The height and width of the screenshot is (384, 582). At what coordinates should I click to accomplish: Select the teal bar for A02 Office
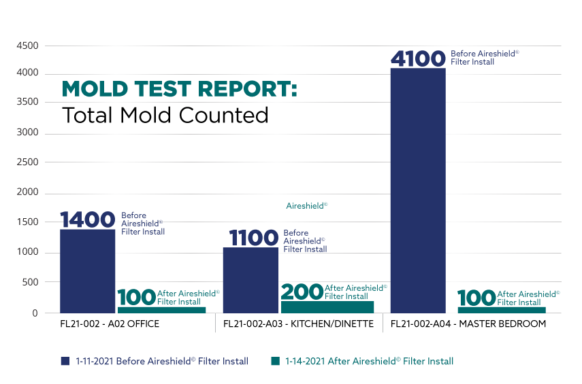[161, 310]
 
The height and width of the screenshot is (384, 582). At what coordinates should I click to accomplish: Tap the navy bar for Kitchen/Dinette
[250, 279]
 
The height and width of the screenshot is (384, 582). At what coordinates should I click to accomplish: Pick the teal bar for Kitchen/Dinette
[327, 307]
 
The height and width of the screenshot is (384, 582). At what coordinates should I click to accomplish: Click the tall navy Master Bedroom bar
[418, 190]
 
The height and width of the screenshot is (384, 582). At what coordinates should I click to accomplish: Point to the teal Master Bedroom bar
[502, 310]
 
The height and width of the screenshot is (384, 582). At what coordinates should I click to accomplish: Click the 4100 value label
[418, 58]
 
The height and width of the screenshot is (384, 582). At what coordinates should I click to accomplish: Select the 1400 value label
[88, 220]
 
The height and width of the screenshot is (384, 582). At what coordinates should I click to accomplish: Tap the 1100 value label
[253, 238]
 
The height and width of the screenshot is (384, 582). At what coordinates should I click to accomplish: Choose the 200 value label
[301, 292]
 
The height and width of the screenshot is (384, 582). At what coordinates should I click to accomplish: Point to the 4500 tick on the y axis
[27, 46]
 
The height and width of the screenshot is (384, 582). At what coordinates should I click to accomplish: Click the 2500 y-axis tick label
[27, 162]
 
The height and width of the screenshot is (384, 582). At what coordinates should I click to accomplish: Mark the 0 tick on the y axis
[34, 313]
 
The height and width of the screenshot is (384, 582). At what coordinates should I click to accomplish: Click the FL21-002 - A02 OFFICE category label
[109, 324]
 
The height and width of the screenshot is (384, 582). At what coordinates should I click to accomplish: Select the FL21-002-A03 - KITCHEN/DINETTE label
[298, 324]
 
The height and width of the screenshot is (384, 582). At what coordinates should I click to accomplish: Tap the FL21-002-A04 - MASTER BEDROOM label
[468, 324]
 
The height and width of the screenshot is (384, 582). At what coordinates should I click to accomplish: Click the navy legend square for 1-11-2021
[66, 361]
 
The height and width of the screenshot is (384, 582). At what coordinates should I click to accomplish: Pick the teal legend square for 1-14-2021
[275, 361]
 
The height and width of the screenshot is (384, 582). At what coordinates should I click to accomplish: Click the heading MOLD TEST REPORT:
[180, 90]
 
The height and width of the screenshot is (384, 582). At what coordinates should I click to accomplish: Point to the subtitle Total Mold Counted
[165, 116]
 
